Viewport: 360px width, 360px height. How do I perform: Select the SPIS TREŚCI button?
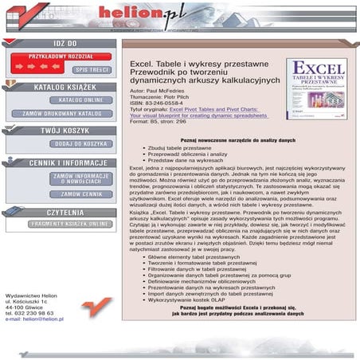92,69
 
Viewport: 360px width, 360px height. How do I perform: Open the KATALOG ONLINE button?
81,100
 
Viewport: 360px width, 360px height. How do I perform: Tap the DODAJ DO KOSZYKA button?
81,143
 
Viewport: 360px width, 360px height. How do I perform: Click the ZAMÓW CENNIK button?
81,194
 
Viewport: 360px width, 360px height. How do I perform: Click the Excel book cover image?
317,88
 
